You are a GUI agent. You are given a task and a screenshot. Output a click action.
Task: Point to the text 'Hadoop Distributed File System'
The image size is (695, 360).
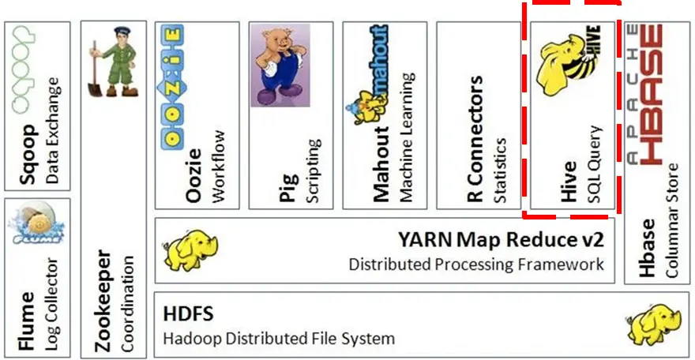[278, 339]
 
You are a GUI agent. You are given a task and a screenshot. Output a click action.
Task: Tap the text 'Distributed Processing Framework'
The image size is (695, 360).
[476, 264]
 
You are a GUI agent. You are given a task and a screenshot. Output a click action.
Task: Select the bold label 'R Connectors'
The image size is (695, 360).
[475, 140]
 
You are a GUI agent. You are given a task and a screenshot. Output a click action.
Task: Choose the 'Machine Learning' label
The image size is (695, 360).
[407, 138]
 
